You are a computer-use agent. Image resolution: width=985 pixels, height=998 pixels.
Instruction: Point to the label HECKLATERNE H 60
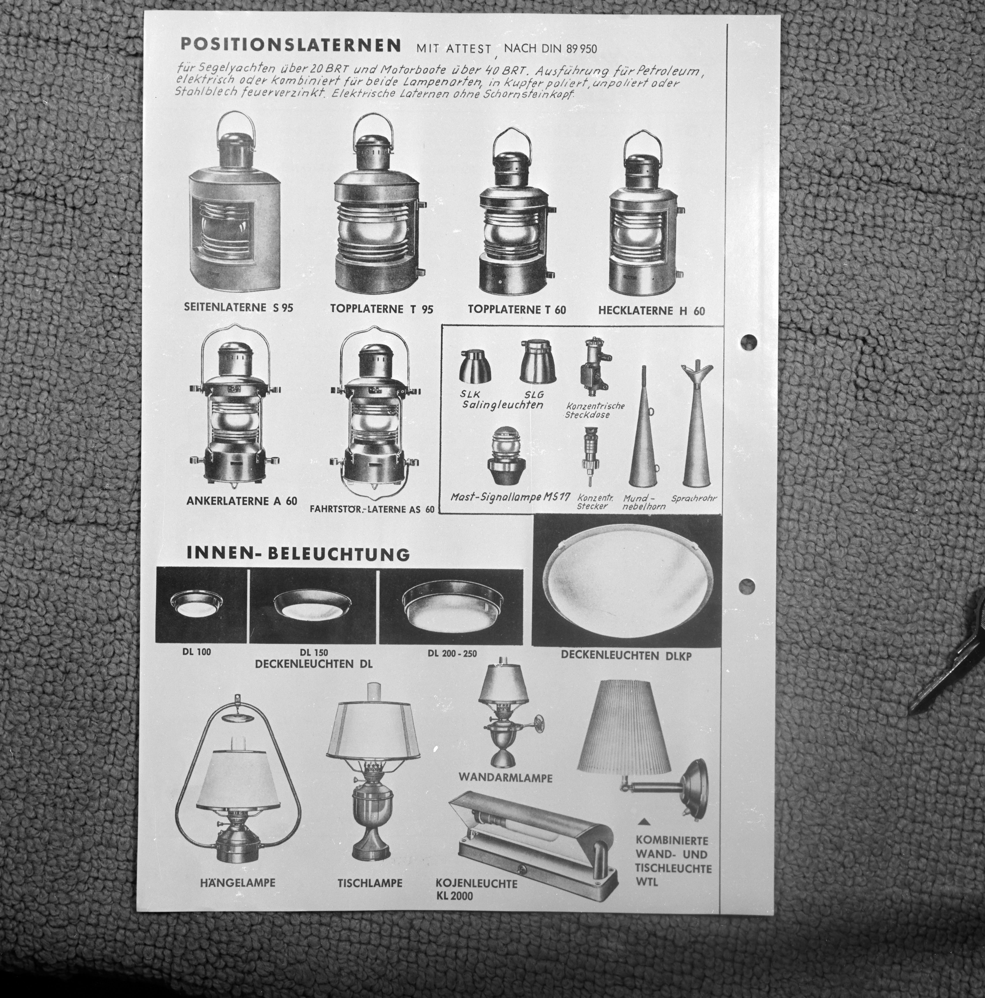coord(651,310)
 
